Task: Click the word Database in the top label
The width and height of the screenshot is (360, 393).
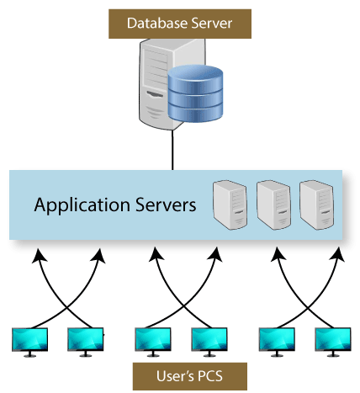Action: [x=158, y=24]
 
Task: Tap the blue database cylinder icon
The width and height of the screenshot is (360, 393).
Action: [x=195, y=93]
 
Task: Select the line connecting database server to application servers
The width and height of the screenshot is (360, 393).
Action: [x=172, y=150]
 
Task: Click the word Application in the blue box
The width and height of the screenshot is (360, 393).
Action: [x=82, y=205]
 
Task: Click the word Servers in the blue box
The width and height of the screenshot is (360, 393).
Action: [x=166, y=204]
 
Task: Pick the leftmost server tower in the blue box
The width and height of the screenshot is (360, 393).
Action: [x=230, y=204]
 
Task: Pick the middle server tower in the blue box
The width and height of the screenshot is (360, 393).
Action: [x=273, y=204]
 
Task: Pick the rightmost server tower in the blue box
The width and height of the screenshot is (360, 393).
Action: [x=317, y=204]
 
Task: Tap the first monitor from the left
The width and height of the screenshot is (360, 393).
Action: [x=29, y=342]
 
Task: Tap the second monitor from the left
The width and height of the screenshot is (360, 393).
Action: [x=86, y=342]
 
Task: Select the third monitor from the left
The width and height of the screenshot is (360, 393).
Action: [x=153, y=342]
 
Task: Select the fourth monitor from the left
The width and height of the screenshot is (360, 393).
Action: [x=209, y=342]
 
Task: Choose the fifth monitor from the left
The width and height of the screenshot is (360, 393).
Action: [x=277, y=342]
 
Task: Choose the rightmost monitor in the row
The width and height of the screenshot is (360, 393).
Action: [x=333, y=342]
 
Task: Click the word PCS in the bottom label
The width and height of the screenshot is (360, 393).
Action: [x=210, y=376]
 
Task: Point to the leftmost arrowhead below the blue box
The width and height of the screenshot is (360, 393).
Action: [x=39, y=255]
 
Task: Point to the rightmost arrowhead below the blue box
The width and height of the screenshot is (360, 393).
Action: [x=338, y=254]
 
